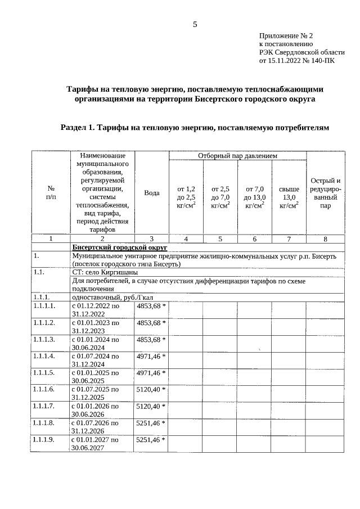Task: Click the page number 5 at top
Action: pos(195,24)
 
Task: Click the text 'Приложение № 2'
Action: pos(285,35)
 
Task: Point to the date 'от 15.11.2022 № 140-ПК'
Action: pos(296,61)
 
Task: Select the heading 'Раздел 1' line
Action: pos(194,128)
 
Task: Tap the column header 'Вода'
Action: pos(152,193)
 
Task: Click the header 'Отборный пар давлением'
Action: pos(237,156)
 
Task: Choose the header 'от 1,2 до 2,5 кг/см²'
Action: pos(186,197)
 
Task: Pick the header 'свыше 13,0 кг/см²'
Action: pos(289,197)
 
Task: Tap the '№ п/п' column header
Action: pos(51,193)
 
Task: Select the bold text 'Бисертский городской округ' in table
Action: pos(119,247)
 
